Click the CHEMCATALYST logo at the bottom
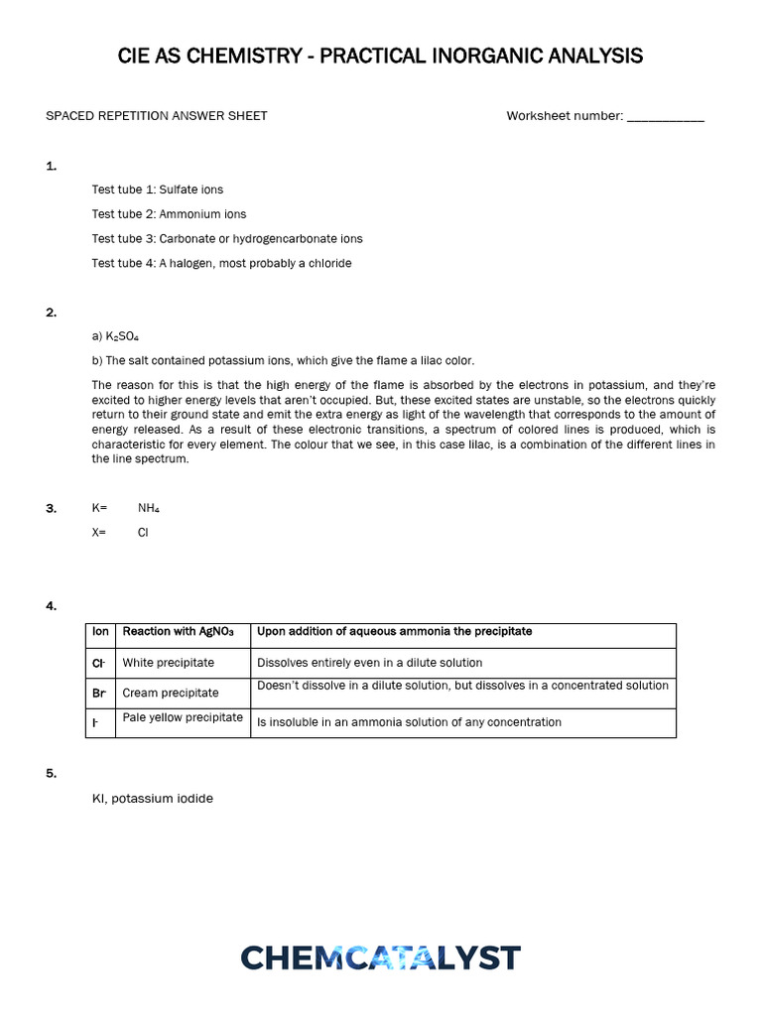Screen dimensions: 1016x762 [380, 957]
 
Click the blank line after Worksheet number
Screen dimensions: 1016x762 [666, 117]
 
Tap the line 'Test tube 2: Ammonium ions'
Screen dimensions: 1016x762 [169, 213]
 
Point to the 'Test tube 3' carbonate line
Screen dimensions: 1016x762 [227, 238]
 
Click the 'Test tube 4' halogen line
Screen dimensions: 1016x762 [221, 263]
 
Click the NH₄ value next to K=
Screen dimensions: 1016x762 [149, 508]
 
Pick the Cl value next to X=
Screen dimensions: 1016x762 [143, 532]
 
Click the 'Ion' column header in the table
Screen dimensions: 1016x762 [100, 631]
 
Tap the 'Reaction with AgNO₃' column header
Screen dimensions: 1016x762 [178, 631]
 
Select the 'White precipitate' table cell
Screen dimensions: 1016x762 [168, 662]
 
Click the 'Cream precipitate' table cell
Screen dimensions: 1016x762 [170, 693]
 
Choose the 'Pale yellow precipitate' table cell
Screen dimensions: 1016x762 [183, 716]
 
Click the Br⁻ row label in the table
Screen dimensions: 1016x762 [99, 693]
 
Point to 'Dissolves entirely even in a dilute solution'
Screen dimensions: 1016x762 [369, 662]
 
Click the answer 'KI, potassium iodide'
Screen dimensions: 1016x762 [153, 798]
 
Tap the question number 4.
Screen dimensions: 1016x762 [51, 605]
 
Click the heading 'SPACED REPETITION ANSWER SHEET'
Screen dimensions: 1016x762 [157, 116]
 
